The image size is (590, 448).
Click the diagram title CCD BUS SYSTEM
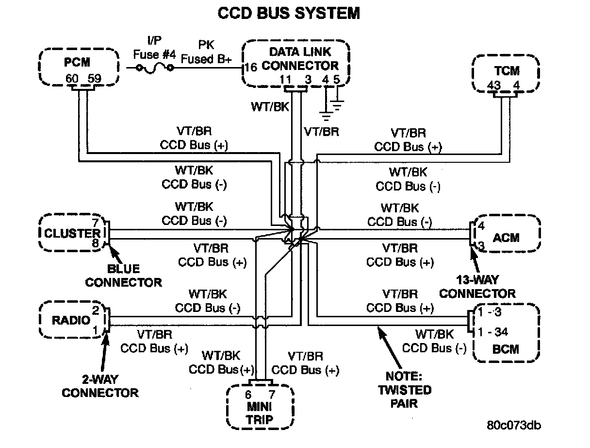[289, 13]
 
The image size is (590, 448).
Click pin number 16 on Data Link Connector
[251, 67]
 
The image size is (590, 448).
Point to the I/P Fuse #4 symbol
[154, 69]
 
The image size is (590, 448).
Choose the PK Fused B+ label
[207, 52]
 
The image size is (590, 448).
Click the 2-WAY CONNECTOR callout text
[100, 386]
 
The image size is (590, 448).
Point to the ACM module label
[506, 238]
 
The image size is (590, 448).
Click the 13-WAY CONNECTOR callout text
[477, 287]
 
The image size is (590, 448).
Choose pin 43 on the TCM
[494, 86]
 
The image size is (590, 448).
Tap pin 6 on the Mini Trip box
[248, 394]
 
